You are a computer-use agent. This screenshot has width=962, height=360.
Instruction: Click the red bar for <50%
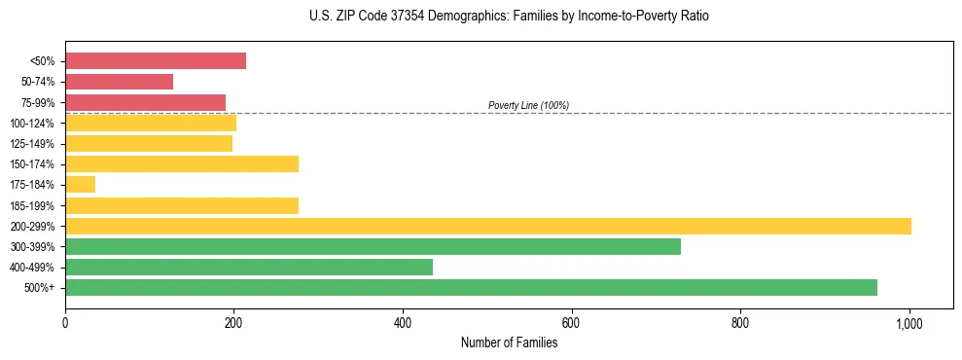156,61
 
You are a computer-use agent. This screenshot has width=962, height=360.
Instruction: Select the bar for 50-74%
119,82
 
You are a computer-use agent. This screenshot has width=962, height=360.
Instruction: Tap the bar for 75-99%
145,102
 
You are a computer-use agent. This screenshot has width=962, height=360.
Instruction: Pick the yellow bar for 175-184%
80,184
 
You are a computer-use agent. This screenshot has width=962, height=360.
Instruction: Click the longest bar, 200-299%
487,226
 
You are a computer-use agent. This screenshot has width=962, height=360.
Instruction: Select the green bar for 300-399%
373,246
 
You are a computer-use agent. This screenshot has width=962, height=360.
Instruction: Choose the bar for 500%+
471,287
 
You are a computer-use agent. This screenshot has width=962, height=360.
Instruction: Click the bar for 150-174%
182,163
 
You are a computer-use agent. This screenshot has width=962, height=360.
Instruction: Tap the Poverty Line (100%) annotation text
528,105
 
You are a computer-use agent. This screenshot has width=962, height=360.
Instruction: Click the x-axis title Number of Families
509,342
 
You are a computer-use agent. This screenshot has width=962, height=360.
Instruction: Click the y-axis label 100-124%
32,124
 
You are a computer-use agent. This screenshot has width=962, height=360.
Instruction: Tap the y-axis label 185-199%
32,205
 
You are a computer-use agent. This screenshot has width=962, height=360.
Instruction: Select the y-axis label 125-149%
32,144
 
